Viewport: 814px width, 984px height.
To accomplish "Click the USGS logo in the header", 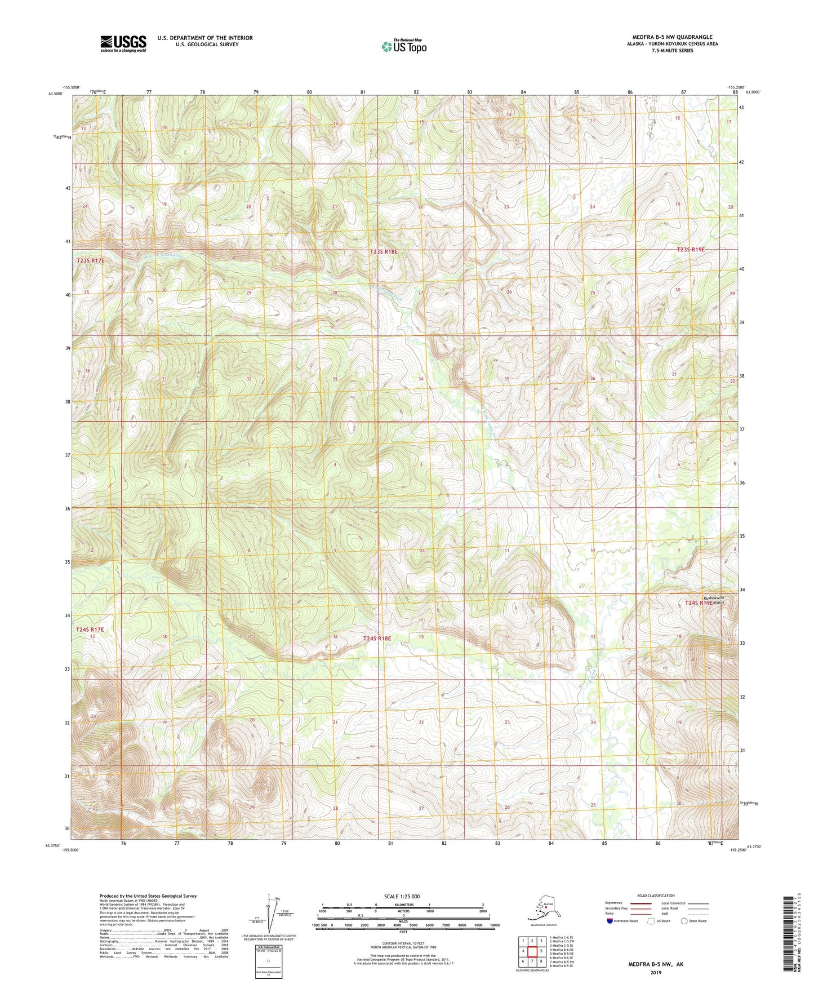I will click(123, 43).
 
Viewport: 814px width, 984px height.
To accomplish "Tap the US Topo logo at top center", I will click(403, 46).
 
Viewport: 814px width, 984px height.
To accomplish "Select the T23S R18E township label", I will click(384, 252).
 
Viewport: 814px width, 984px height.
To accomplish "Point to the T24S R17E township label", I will click(90, 629).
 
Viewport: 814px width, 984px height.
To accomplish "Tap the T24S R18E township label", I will click(377, 639).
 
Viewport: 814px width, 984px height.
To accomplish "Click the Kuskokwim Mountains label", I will click(713, 600).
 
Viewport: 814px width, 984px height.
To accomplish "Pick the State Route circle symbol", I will click(684, 921).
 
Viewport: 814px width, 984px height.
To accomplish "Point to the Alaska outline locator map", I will click(541, 907).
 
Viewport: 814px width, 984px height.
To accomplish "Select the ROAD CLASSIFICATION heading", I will click(656, 896).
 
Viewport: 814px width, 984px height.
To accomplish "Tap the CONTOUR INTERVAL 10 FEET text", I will click(403, 943).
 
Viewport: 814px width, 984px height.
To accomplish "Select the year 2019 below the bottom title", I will click(656, 972).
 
